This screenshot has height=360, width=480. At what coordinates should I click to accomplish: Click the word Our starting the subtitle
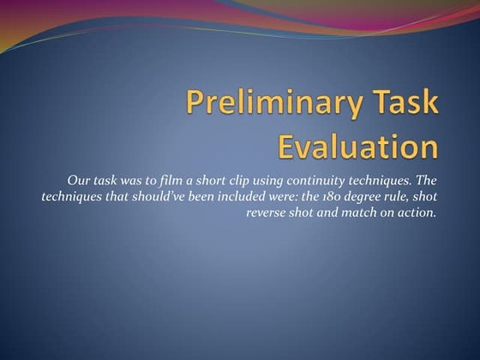(78, 181)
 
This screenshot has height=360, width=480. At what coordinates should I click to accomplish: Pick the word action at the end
(417, 212)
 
